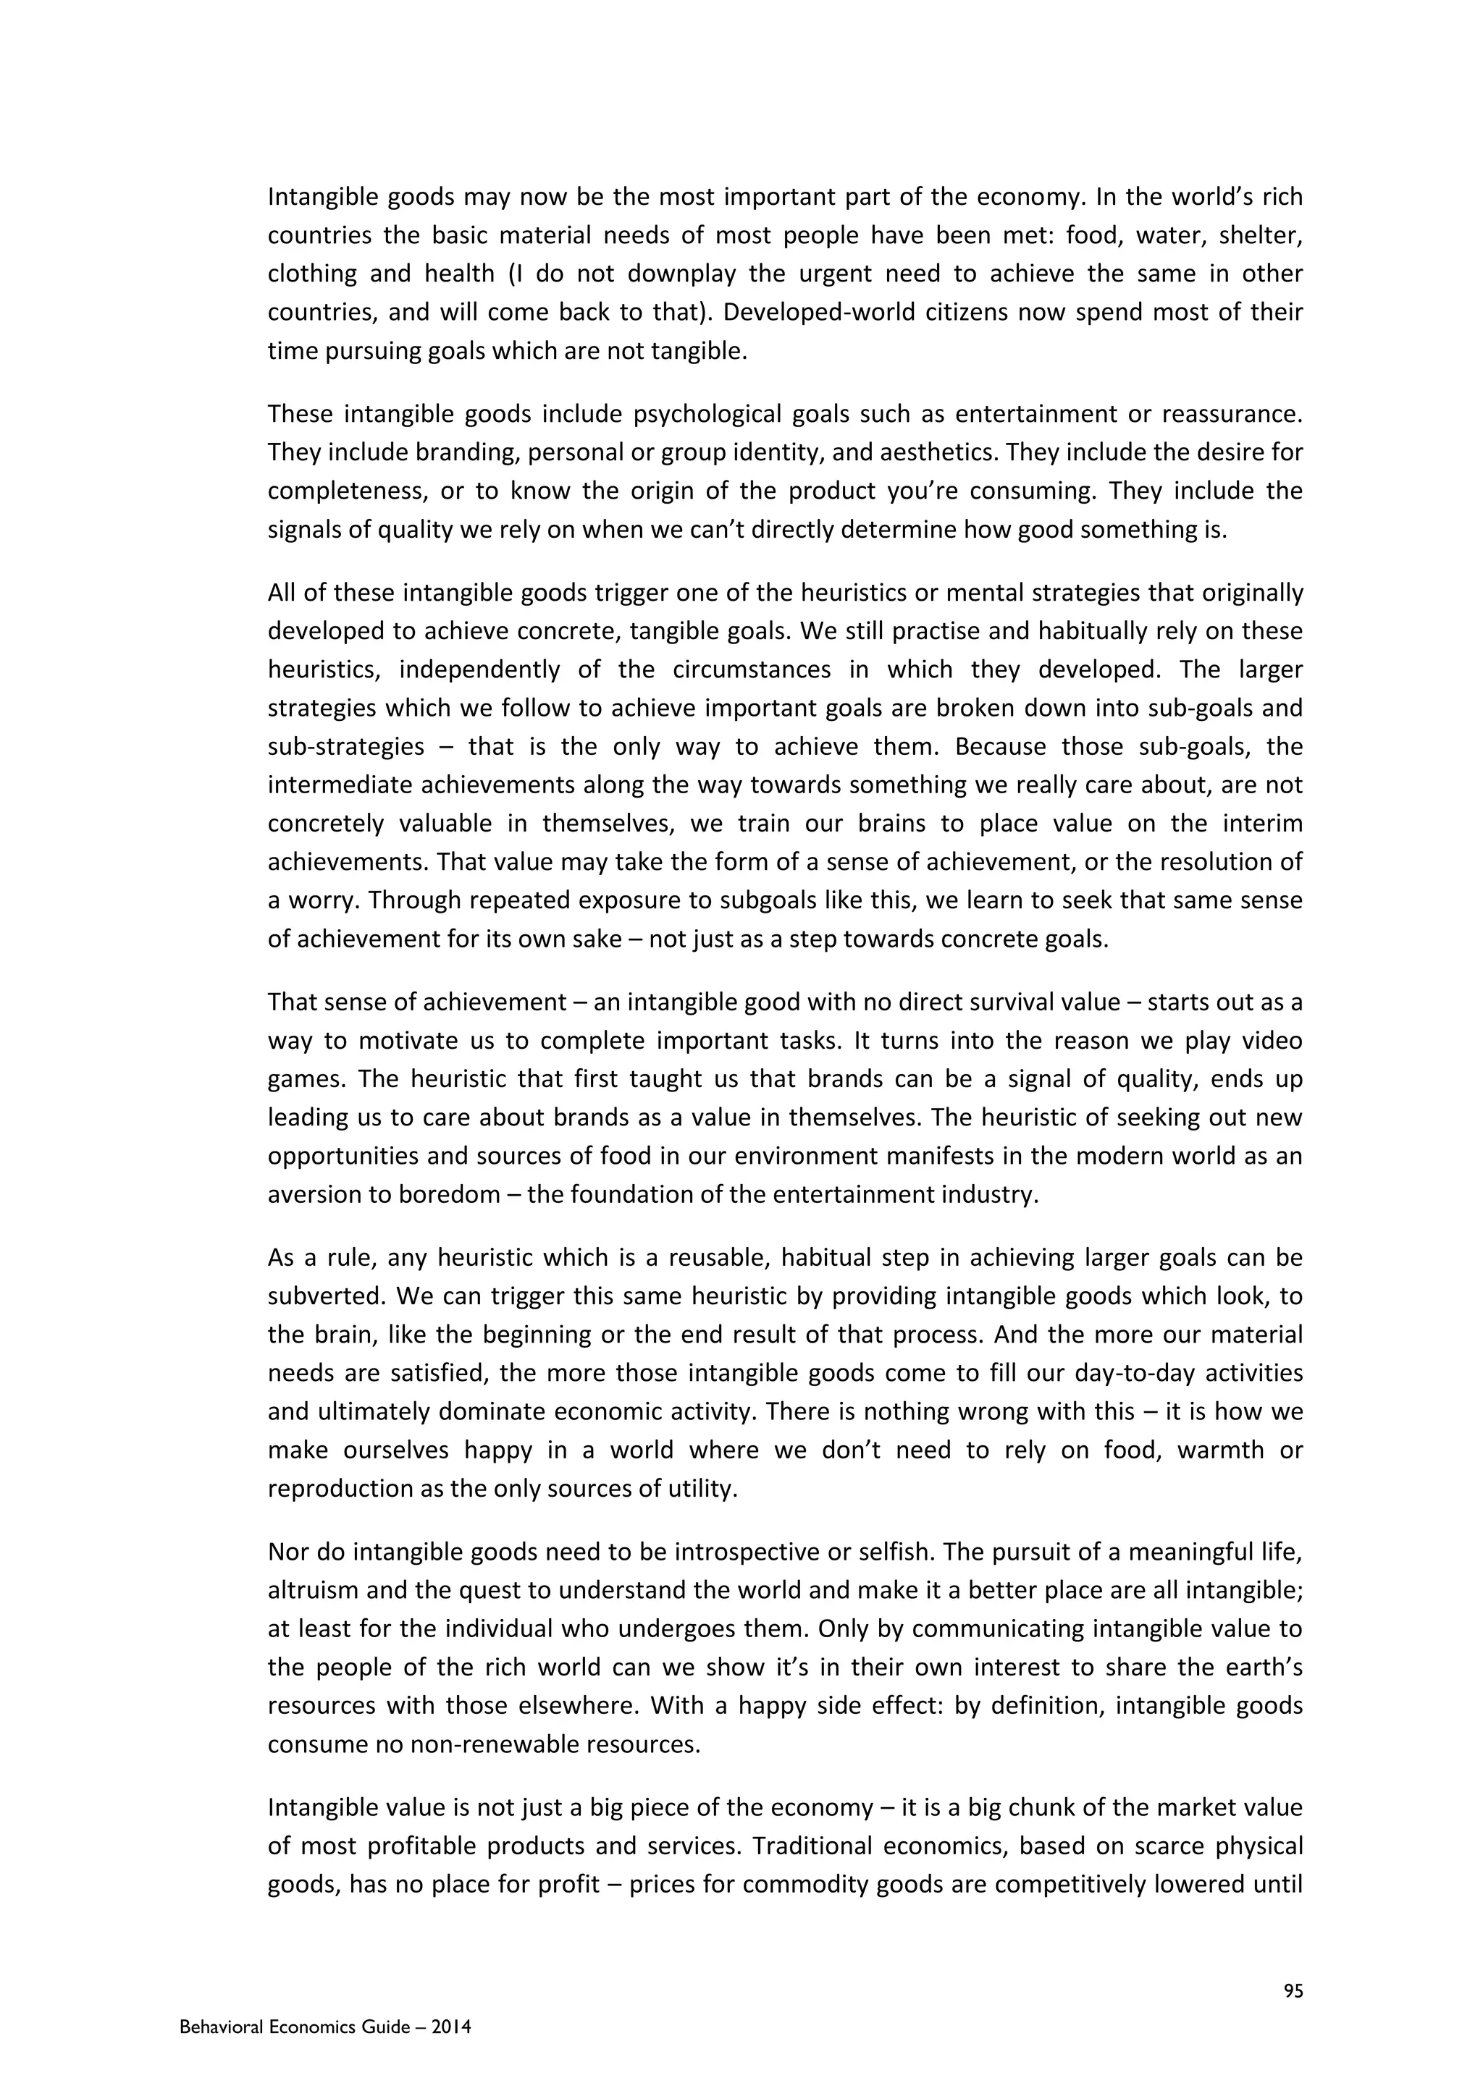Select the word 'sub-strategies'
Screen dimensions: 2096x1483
(x=346, y=747)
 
